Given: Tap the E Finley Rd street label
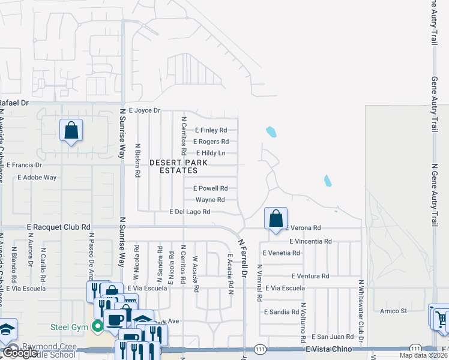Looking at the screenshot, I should [x=211, y=130].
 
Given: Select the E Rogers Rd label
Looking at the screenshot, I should [x=211, y=142].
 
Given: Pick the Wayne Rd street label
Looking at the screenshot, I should [x=210, y=200].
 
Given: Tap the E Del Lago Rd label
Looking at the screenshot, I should [x=190, y=212].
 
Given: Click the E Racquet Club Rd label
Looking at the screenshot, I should [x=58, y=227].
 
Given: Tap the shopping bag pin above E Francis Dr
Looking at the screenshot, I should [x=71, y=130].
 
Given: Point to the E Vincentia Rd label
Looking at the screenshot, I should [x=310, y=241].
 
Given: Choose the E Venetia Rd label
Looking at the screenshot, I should [x=281, y=253].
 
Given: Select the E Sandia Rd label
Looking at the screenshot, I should [x=281, y=312].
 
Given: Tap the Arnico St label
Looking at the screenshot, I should [x=394, y=311].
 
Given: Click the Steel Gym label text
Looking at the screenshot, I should [x=69, y=327].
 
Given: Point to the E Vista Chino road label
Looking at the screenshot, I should [x=327, y=349].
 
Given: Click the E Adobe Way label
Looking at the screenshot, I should [x=37, y=178].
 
